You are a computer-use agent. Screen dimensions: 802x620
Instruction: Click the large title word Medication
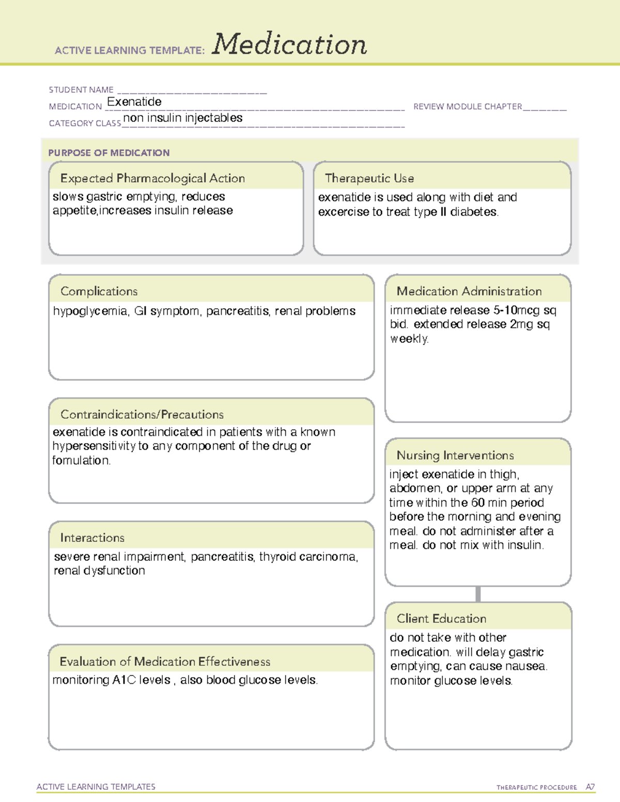[x=289, y=44]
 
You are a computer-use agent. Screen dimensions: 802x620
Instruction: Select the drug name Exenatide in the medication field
[x=134, y=102]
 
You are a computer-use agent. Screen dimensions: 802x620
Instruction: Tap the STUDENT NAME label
[x=81, y=90]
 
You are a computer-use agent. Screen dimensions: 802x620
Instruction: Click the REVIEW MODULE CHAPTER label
[x=468, y=107]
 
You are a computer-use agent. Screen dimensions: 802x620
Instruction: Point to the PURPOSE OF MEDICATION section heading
[x=109, y=153]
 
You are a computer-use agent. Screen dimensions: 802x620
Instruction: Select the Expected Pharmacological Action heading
[x=152, y=178]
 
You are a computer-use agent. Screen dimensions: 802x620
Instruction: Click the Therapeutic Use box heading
[x=369, y=178]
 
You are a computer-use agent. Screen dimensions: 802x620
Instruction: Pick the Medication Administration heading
[x=469, y=291]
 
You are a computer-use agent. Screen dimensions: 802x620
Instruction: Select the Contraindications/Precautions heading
[x=142, y=415]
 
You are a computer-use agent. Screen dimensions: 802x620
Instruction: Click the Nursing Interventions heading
[x=455, y=455]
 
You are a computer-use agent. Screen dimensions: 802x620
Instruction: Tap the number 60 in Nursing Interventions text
[x=478, y=502]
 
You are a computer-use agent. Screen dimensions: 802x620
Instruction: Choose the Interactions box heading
[x=92, y=538]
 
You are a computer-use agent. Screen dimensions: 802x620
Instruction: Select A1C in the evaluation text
[x=124, y=680]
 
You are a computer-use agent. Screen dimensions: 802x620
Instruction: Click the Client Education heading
[x=441, y=619]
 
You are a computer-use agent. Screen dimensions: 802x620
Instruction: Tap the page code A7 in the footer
[x=590, y=787]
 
